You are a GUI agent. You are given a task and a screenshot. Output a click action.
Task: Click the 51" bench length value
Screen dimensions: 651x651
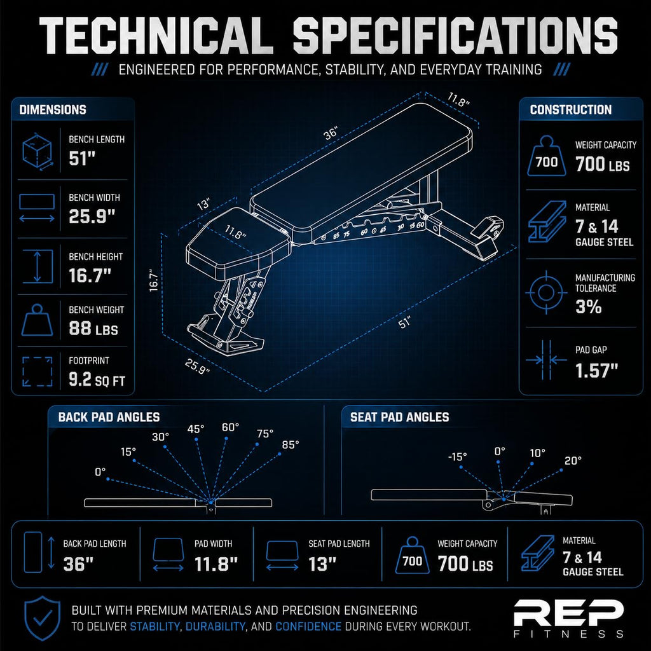tap(82, 158)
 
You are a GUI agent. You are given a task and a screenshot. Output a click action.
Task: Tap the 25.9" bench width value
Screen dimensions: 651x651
tap(92, 216)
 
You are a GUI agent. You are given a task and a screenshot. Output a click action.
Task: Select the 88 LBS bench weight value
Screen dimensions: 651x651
tap(93, 329)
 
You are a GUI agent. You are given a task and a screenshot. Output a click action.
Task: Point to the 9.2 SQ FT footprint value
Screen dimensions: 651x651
tap(97, 380)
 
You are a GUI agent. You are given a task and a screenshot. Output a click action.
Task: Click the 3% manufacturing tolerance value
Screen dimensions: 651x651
tap(588, 307)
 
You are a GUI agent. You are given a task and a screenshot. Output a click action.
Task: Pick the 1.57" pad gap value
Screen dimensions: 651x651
tap(596, 371)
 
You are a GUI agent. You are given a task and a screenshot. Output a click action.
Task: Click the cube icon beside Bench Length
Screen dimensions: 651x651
tap(38, 151)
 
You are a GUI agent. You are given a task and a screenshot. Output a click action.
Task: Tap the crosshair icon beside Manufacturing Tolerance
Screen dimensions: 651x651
tap(546, 292)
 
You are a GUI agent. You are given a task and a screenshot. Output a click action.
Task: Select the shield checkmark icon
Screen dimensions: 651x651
tap(43, 618)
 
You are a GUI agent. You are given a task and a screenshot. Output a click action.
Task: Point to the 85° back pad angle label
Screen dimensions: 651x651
tap(290, 444)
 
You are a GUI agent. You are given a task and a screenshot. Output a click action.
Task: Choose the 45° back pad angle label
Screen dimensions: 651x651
tap(196, 429)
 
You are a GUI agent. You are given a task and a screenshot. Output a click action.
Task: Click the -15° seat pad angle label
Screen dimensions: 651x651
tap(458, 456)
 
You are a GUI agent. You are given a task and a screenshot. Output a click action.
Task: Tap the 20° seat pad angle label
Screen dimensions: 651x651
tap(573, 460)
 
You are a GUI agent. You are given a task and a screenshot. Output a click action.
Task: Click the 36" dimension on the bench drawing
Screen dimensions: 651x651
tap(331, 134)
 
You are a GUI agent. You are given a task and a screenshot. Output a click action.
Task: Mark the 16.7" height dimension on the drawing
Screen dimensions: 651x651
tap(154, 280)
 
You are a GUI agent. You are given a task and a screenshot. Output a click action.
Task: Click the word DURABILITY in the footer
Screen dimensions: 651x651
tap(215, 626)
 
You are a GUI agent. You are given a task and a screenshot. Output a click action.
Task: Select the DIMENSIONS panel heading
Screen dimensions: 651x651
tap(53, 109)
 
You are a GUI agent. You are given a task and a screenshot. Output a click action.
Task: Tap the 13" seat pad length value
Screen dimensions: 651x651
tap(322, 564)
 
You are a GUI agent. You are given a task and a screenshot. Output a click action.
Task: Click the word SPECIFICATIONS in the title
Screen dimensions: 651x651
tap(455, 36)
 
